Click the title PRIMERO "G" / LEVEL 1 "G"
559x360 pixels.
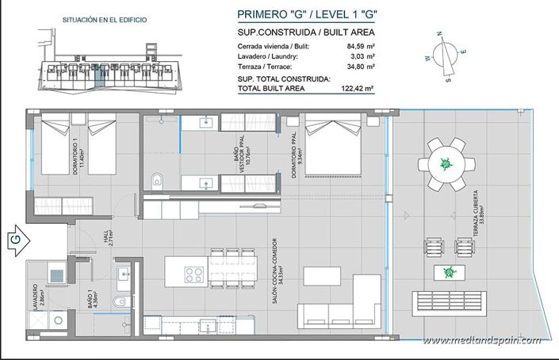coord(304,14)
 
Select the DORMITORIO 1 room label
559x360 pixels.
coord(77,157)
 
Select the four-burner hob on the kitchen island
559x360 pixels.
coord(195,274)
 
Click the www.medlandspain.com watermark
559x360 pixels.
coord(482,340)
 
